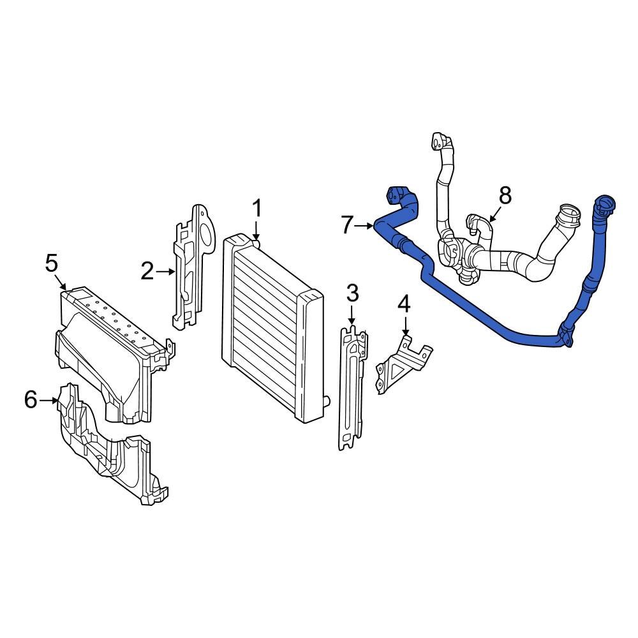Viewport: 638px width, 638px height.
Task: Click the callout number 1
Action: click(x=256, y=208)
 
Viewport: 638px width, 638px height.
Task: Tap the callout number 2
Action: click(x=147, y=272)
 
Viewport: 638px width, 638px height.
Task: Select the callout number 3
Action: click(x=352, y=294)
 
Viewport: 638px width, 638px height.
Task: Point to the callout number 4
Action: click(x=404, y=304)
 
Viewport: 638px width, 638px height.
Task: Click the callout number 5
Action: click(x=51, y=262)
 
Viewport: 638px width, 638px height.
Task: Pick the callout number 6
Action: click(x=31, y=400)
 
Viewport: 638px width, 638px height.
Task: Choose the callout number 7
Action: click(x=347, y=225)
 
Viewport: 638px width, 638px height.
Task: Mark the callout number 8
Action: click(x=505, y=195)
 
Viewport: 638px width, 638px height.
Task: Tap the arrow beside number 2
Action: click(x=167, y=272)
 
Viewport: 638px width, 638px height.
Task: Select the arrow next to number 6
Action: click(x=50, y=401)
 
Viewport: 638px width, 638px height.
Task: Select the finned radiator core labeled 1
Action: click(x=268, y=325)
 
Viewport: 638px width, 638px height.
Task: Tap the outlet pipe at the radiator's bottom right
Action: click(x=327, y=401)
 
